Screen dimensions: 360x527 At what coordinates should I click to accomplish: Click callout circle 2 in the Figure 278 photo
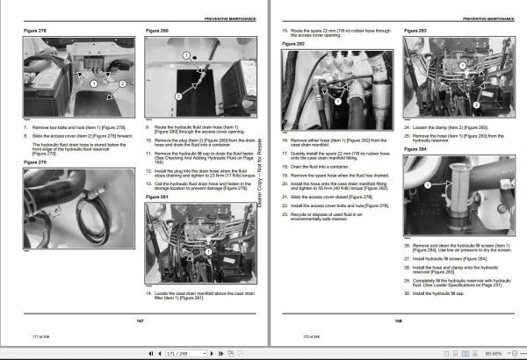pos(122,82)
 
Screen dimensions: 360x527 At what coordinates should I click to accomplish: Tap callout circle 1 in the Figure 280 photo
pos(186,55)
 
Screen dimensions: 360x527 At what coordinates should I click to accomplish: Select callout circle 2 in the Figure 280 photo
pos(178,95)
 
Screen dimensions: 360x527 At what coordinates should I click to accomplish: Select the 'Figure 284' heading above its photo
pos(415,148)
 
